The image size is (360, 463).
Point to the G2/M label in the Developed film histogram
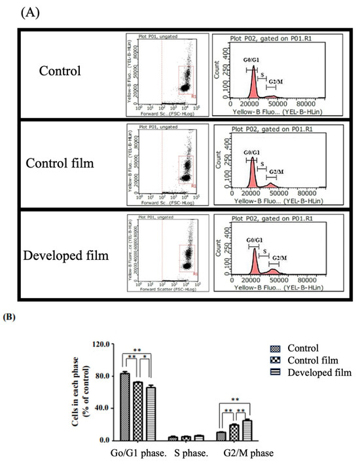pyautogui.click(x=280, y=260)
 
